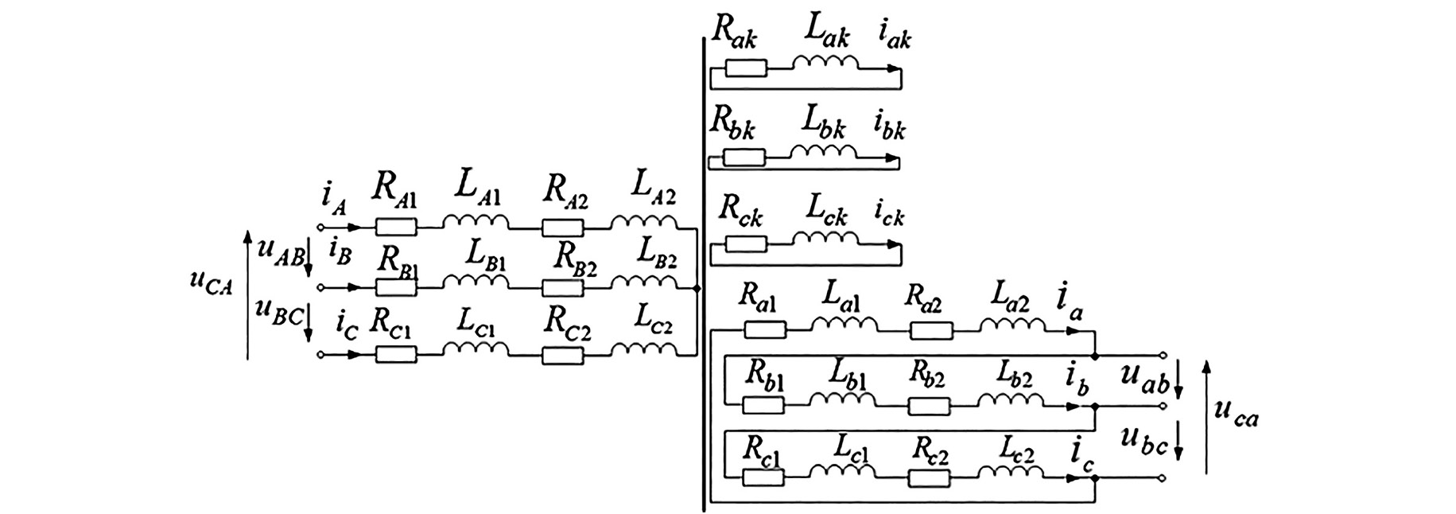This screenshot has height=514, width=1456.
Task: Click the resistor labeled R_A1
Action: click(395, 228)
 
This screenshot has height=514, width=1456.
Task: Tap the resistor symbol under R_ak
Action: click(746, 68)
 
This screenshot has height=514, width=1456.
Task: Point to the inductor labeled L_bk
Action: click(823, 152)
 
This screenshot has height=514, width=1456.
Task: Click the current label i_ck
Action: click(890, 215)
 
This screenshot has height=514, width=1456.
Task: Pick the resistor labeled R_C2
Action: click(562, 356)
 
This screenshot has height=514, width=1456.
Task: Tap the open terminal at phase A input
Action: click(320, 228)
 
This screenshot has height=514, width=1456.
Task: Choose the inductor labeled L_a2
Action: click(1012, 325)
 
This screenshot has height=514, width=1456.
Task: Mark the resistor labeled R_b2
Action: click(929, 407)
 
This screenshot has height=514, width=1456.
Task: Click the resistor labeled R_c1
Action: click(763, 477)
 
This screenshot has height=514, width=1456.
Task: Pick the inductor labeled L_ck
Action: click(825, 239)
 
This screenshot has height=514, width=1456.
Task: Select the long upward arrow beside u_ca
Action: click(1206, 418)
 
